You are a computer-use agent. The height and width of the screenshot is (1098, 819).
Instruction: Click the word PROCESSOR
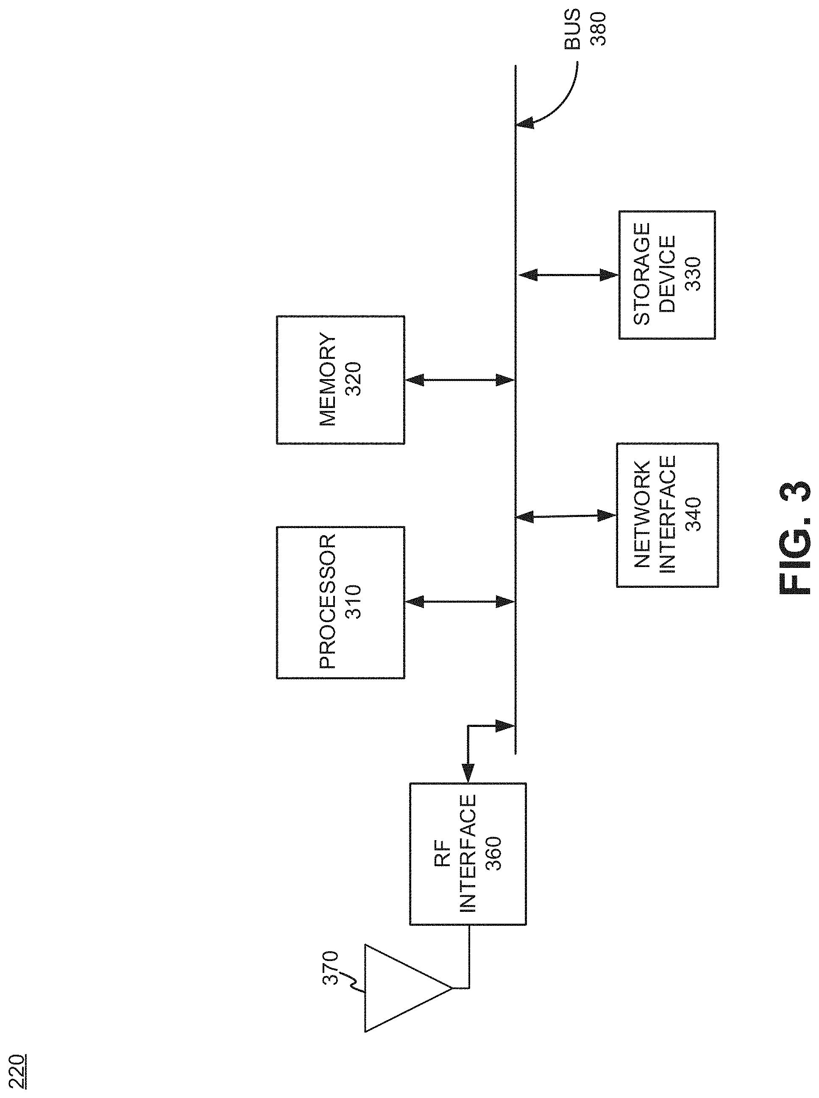pos(327,601)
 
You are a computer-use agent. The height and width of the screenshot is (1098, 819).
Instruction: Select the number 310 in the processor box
pos(354,601)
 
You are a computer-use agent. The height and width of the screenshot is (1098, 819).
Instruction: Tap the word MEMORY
pos(327,380)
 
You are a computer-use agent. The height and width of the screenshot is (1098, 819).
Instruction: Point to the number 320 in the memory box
pos(354,380)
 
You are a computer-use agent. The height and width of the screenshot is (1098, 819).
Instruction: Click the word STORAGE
pos(641,274)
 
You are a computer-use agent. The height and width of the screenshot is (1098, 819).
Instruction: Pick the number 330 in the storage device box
pos(693,274)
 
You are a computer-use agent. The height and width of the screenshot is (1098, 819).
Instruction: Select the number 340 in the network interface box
pos(693,515)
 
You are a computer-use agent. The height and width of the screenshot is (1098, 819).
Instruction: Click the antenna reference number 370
pos(330,967)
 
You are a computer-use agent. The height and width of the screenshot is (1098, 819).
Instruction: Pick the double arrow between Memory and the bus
pos(460,380)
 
